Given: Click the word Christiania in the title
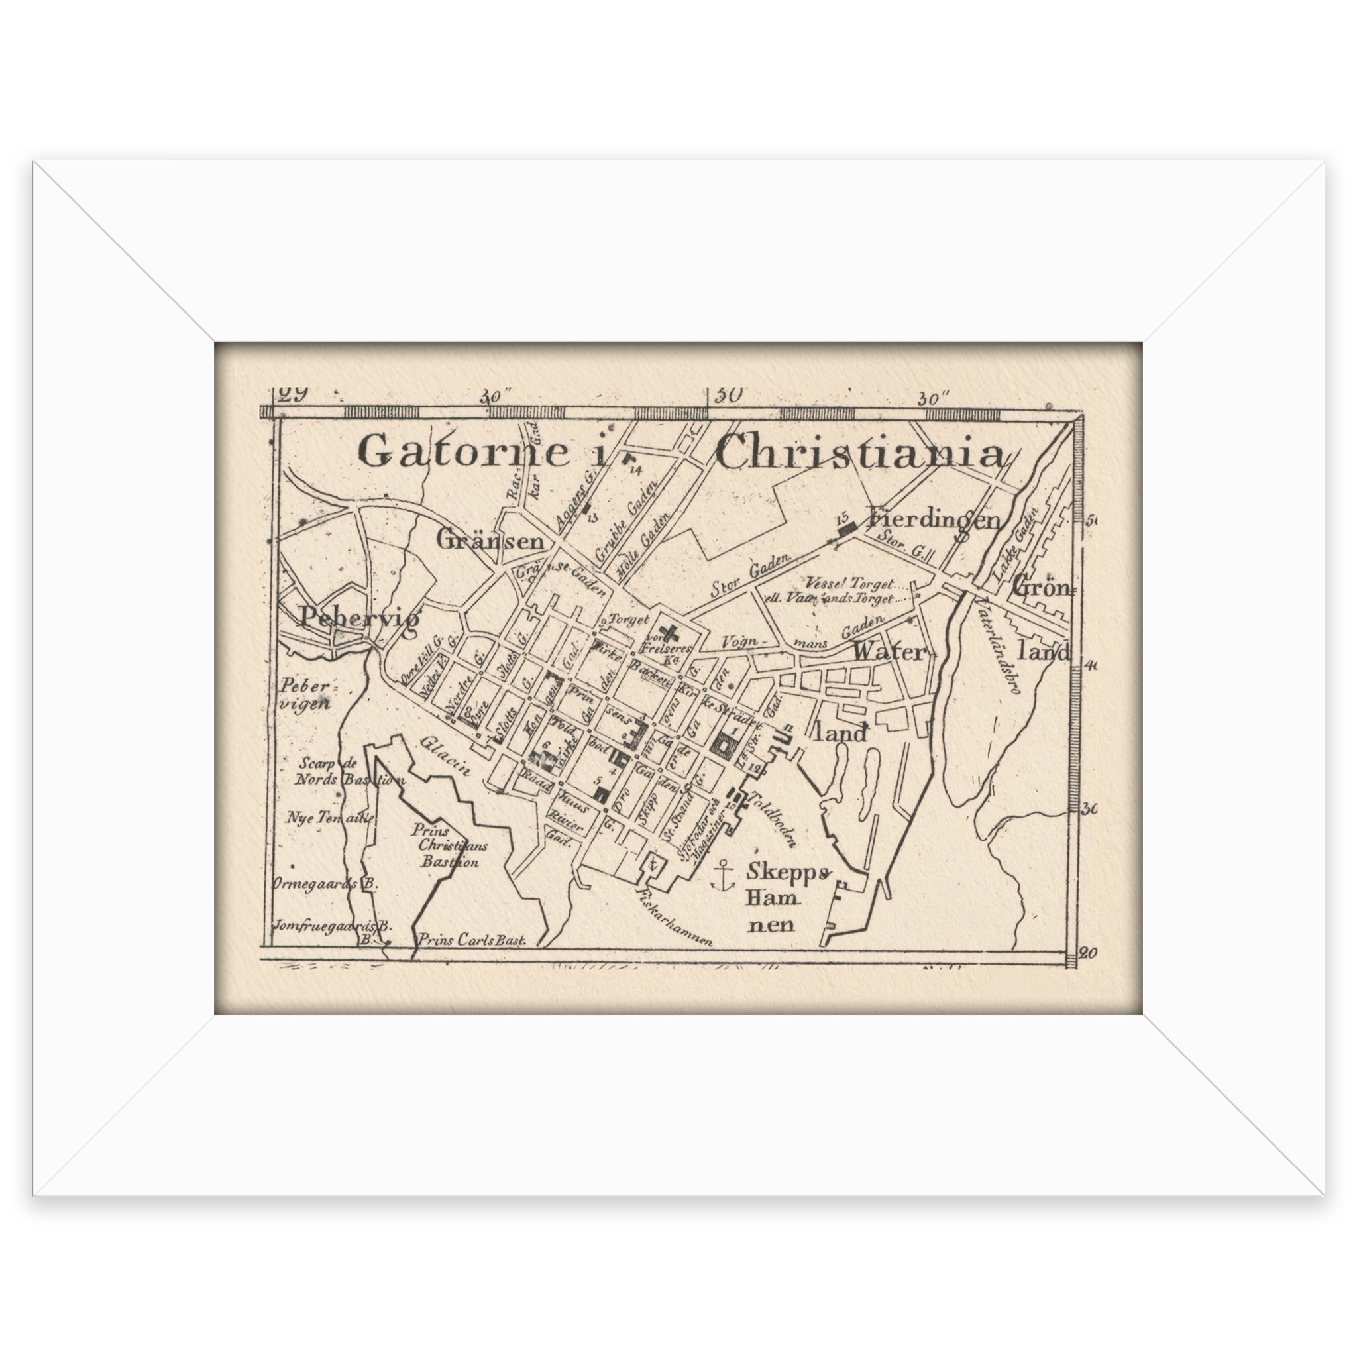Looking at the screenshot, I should click(x=859, y=452).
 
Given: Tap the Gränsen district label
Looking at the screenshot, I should click(x=490, y=541).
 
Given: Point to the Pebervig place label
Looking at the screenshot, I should click(x=360, y=618).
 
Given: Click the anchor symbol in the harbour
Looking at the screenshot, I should click(x=722, y=876).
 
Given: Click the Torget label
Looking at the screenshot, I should click(x=629, y=620).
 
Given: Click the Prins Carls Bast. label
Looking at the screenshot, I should click(x=472, y=940).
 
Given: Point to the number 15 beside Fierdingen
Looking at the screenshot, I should click(x=843, y=517).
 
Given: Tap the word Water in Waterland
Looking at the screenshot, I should click(x=889, y=652).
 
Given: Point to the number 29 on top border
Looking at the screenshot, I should click(x=293, y=394).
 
